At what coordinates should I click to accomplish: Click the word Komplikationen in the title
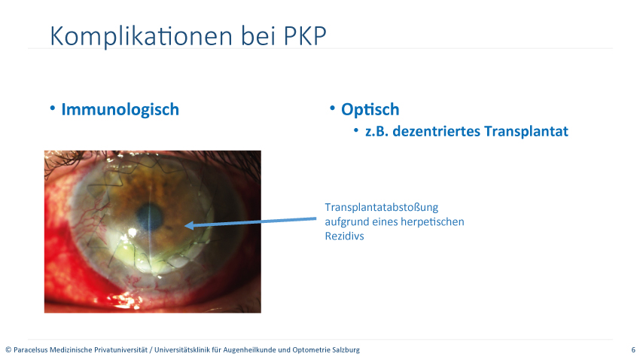[x=142, y=36]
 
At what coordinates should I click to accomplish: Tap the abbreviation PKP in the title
[x=305, y=36]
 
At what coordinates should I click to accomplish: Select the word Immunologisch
[x=120, y=110]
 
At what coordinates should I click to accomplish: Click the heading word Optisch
[x=370, y=110]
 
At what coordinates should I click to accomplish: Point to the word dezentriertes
[x=436, y=132]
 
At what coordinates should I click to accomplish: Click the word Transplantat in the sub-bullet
[x=526, y=132]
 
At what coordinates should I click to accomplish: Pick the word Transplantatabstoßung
[x=381, y=207]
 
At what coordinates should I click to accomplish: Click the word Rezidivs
[x=344, y=236]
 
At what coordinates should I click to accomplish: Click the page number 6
[x=633, y=349]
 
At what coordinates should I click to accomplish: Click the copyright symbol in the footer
[x=8, y=349]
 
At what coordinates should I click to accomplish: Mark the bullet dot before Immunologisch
[x=52, y=108]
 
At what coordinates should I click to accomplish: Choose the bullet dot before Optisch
[x=332, y=108]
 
